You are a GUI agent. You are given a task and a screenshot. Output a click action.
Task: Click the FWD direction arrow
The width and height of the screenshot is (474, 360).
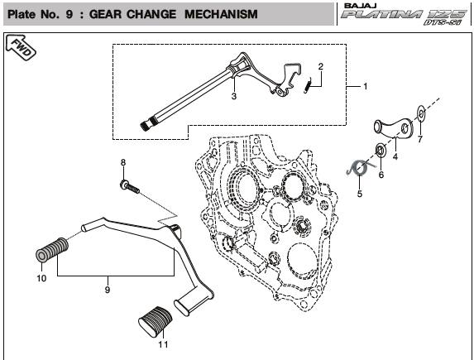[x=21, y=47]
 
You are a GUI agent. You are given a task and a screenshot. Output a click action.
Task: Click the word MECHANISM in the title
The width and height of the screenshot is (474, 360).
[x=221, y=14]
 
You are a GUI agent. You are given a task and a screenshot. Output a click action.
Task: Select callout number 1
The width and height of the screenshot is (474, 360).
[x=365, y=87]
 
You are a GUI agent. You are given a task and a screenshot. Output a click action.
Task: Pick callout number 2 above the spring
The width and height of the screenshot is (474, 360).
[x=321, y=66]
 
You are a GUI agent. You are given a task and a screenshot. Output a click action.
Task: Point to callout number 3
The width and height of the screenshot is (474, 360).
[x=234, y=96]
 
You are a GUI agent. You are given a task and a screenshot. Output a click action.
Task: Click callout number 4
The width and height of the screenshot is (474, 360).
[x=395, y=156]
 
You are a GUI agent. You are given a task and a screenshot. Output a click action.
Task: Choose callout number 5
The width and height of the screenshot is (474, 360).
[x=360, y=194]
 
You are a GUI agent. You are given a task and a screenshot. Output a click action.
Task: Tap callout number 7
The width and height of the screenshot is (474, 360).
[x=420, y=139]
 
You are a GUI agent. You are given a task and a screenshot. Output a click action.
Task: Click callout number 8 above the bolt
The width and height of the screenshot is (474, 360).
[x=123, y=162]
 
